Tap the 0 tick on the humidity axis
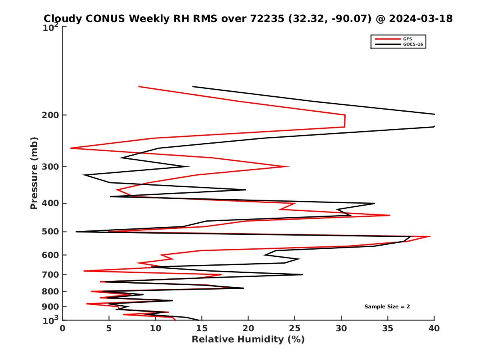click(x=63, y=328)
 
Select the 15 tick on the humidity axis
click(x=202, y=328)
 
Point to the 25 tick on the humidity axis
click(x=295, y=328)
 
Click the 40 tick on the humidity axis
click(x=434, y=328)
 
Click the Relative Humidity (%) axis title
click(x=248, y=340)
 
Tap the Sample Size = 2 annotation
click(x=387, y=307)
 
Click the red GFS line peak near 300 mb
click(x=288, y=166)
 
